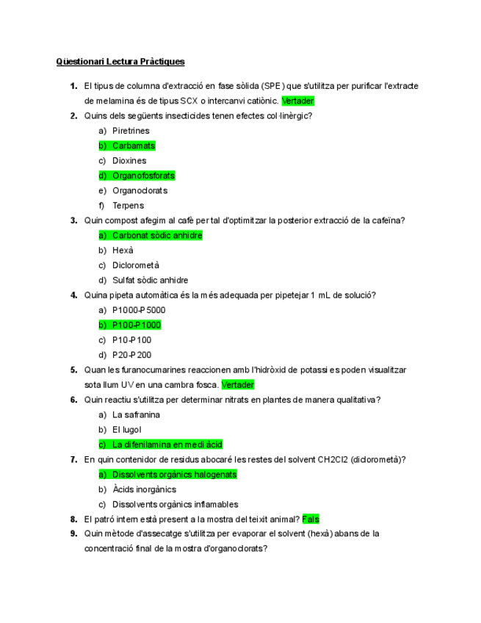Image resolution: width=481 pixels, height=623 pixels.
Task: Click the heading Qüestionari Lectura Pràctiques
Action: click(x=120, y=62)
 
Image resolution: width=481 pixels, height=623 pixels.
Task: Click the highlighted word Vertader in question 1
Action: click(x=298, y=101)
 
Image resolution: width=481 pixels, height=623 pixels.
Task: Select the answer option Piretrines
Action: click(x=131, y=131)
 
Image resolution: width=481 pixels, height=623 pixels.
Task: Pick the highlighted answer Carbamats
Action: click(x=134, y=145)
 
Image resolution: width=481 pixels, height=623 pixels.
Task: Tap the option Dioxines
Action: click(x=129, y=161)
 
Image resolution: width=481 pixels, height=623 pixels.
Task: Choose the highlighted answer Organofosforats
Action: click(x=143, y=176)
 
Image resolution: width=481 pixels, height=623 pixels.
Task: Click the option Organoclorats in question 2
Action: click(x=140, y=190)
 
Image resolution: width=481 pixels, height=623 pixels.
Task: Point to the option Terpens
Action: click(x=128, y=206)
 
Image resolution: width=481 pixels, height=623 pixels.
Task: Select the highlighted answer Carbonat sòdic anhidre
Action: click(x=157, y=235)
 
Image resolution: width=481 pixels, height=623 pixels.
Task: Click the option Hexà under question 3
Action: click(x=124, y=251)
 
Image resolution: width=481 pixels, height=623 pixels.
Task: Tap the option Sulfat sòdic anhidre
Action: click(x=150, y=280)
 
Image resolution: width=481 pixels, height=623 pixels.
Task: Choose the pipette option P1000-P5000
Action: click(x=139, y=310)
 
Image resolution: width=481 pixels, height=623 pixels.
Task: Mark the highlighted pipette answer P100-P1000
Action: click(x=137, y=325)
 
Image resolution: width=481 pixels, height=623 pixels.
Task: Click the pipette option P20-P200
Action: click(x=131, y=355)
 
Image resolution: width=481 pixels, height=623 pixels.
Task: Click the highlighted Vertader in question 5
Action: click(x=238, y=385)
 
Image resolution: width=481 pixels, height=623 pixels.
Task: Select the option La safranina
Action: click(x=136, y=414)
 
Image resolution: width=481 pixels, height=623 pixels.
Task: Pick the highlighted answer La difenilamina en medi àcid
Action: click(x=167, y=444)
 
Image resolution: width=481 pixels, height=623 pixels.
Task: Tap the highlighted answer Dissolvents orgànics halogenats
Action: click(x=174, y=475)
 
